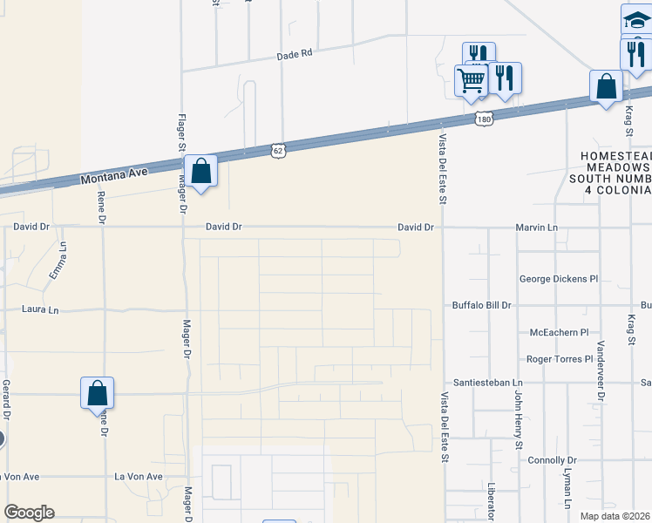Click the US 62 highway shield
[277, 150]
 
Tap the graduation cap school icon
[637, 19]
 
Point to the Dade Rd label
[294, 54]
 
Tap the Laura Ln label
[41, 309]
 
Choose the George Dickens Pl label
[558, 280]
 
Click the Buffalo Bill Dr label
[481, 306]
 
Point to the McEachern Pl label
[560, 333]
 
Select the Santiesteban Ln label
[486, 383]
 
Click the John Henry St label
[517, 420]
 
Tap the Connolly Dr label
[553, 459]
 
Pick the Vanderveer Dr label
[601, 366]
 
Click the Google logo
[29, 513]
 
